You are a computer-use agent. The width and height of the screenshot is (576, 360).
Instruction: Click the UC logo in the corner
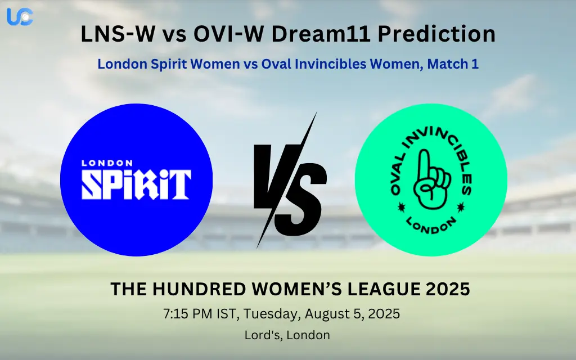(20, 17)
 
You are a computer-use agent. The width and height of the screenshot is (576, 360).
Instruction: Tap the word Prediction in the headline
(436, 35)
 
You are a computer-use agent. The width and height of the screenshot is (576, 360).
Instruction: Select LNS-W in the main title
(118, 35)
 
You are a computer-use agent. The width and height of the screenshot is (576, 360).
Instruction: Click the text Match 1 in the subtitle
(453, 64)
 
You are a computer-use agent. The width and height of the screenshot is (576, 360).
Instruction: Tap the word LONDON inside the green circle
(431, 226)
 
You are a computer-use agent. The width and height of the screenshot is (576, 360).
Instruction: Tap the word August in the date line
(316, 314)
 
